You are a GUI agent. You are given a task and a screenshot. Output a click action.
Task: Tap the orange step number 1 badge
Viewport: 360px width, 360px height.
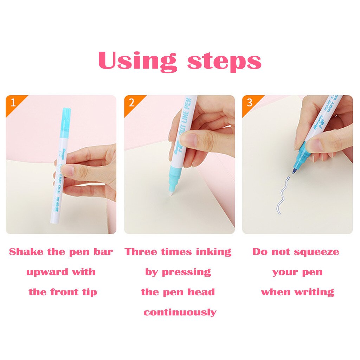[13, 103]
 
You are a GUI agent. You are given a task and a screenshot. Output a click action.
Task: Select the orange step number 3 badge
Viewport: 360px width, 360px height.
[250, 103]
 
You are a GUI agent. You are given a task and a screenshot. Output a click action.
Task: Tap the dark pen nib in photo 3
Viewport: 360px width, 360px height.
[294, 171]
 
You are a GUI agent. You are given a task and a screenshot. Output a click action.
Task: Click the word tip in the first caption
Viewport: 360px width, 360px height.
[90, 292]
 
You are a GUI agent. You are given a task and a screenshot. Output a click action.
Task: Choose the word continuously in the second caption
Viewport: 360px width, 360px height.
[180, 312]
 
